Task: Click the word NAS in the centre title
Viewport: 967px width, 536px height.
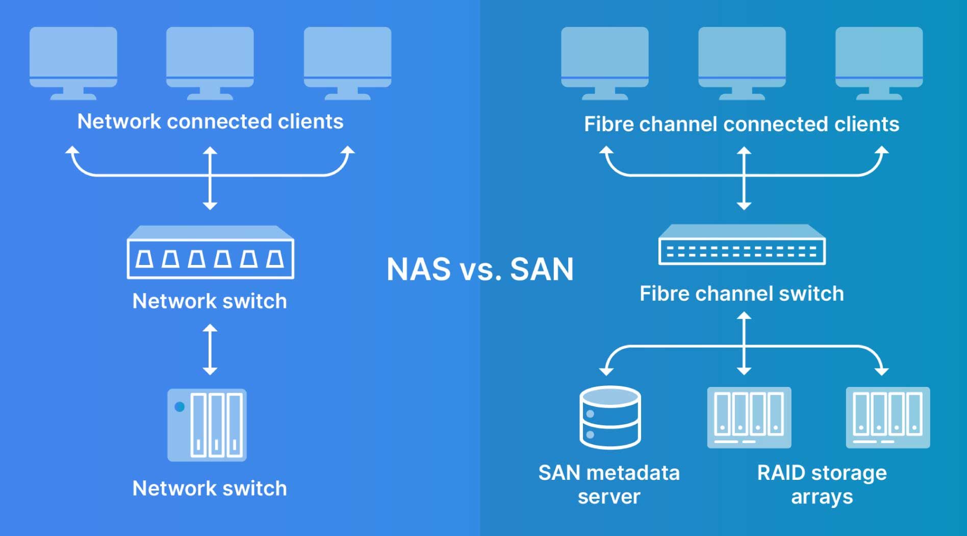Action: pos(418,269)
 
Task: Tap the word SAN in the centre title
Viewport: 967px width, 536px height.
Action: pos(542,269)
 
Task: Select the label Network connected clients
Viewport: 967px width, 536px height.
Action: pos(210,121)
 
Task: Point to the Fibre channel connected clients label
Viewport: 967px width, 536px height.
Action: pos(741,124)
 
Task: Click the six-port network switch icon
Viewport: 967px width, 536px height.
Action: pos(210,253)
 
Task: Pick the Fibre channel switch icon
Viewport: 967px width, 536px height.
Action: pos(742,245)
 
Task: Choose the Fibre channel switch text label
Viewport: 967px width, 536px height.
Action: pos(742,294)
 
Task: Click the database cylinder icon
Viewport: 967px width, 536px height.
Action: pos(610,417)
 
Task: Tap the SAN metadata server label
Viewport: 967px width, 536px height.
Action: pos(609,484)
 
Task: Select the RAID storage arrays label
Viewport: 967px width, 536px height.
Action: pos(822,484)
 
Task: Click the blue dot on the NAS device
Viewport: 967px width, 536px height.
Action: pos(180,407)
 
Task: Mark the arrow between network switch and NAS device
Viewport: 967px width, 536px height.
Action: pos(210,350)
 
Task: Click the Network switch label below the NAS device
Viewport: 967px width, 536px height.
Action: pos(210,489)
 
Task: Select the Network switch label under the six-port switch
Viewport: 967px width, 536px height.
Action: pos(210,301)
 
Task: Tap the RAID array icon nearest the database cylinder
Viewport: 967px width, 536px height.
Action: pos(749,418)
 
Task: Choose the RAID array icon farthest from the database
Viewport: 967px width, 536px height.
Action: pos(887,418)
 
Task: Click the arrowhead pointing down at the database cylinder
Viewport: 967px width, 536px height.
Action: pos(606,371)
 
